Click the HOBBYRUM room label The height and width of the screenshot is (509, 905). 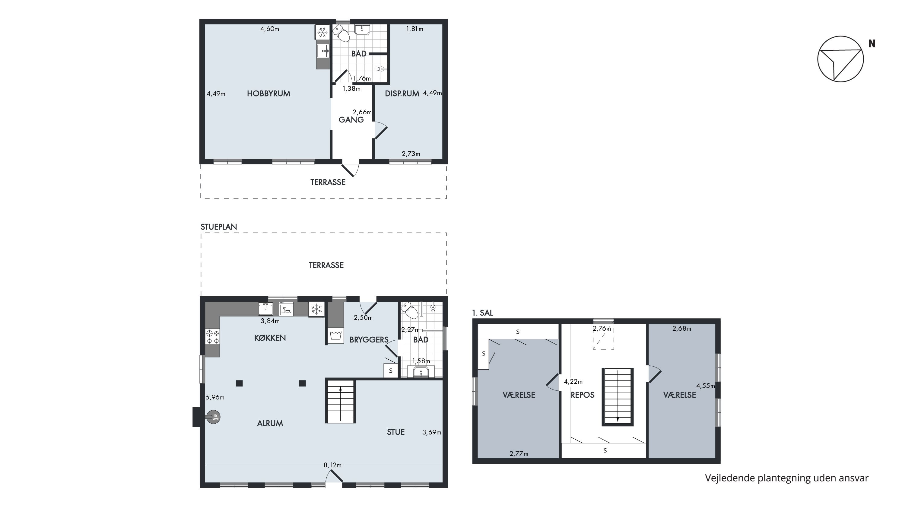pyautogui.click(x=268, y=94)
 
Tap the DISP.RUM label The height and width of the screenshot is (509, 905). pyautogui.click(x=402, y=94)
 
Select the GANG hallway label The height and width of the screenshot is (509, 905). pyautogui.click(x=351, y=120)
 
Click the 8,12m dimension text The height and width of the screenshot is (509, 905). pyautogui.click(x=332, y=465)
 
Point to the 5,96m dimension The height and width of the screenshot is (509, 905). pyautogui.click(x=215, y=397)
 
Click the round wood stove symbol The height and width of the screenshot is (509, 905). pyautogui.click(x=213, y=417)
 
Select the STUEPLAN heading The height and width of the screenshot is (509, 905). pyautogui.click(x=218, y=227)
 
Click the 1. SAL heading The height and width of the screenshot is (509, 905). pyautogui.click(x=483, y=313)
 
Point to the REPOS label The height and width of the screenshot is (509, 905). pyautogui.click(x=583, y=395)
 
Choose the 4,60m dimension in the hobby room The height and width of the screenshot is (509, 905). pyautogui.click(x=269, y=29)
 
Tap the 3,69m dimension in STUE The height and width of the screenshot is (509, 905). pyautogui.click(x=432, y=432)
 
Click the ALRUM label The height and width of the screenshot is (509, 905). pyautogui.click(x=270, y=423)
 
